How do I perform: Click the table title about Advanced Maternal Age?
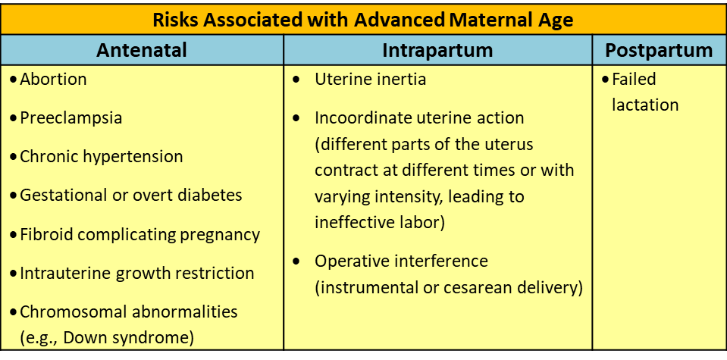[363, 20]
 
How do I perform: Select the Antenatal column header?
[142, 50]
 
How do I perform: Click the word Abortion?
[53, 80]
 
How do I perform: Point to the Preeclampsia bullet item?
[71, 118]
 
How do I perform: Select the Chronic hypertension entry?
[101, 157]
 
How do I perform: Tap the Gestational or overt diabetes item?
[130, 195]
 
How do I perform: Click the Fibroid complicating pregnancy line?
[139, 234]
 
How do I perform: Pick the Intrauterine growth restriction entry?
[136, 273]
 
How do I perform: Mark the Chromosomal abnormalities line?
[128, 311]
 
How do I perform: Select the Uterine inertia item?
[371, 80]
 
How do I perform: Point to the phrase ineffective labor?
[379, 223]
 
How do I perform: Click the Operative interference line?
[402, 261]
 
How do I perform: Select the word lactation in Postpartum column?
[645, 105]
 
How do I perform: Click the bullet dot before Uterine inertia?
[296, 80]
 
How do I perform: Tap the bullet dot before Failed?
[605, 80]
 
